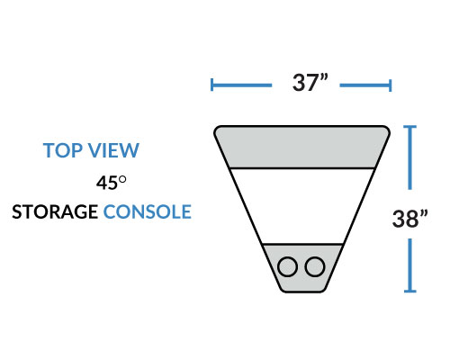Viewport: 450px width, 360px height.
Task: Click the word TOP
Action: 63,150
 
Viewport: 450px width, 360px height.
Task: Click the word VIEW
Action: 114,150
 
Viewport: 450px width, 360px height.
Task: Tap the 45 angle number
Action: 107,183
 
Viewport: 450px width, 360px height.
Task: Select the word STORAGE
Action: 55,211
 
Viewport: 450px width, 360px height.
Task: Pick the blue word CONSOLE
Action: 148,211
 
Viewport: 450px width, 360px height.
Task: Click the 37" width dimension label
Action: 310,82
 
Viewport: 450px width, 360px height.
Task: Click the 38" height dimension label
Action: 409,219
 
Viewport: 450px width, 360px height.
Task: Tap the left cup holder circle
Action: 287,266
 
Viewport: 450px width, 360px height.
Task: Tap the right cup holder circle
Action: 315,266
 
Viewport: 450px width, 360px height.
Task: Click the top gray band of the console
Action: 301,147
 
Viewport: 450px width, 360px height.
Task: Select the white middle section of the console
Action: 302,206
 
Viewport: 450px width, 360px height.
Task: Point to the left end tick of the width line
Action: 212,85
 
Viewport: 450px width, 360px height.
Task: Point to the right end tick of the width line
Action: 390,85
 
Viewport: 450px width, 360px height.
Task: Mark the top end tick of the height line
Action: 409,127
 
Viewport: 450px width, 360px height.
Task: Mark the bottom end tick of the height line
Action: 409,291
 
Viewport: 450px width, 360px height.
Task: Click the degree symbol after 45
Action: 122,180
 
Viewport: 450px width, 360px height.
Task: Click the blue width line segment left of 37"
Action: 242,85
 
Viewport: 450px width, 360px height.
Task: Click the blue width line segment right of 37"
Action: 365,85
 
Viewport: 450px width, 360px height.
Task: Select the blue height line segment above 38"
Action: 409,157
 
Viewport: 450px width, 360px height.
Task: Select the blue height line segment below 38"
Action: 409,265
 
